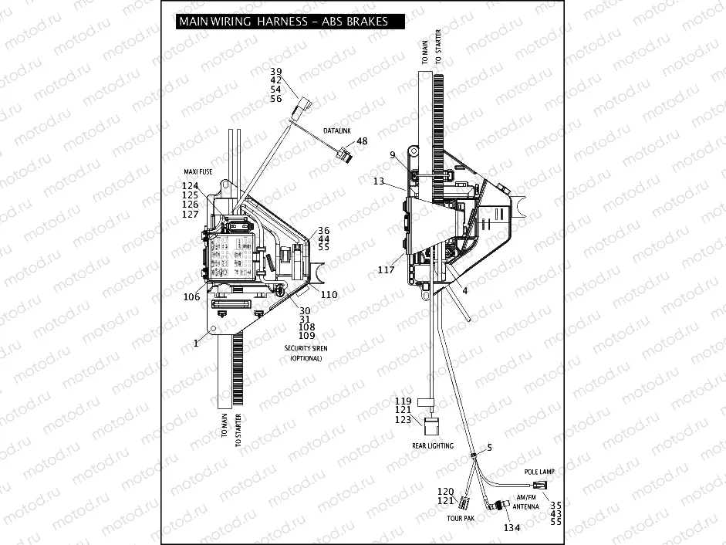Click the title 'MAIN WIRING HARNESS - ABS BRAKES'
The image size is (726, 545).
[283, 22]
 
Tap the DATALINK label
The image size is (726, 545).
[336, 131]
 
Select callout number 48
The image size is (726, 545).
[361, 141]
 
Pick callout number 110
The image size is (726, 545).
[329, 295]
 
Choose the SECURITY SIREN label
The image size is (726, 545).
[309, 348]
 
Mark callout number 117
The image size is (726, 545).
[387, 270]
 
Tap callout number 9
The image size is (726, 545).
[393, 155]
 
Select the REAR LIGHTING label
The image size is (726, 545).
[432, 446]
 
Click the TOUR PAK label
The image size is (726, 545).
[461, 518]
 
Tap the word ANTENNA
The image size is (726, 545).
[526, 507]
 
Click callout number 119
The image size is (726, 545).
[404, 401]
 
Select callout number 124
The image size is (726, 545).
[191, 186]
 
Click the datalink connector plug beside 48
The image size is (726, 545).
[346, 157]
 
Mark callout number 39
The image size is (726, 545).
[275, 71]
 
